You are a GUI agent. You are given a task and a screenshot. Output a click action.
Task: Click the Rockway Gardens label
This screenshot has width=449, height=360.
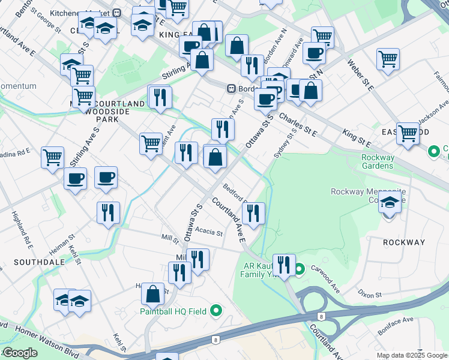click(x=378, y=161)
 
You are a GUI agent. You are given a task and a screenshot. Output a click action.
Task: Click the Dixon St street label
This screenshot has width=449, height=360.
click(x=369, y=295)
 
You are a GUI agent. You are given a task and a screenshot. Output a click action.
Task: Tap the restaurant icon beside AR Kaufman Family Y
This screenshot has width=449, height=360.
click(x=284, y=264)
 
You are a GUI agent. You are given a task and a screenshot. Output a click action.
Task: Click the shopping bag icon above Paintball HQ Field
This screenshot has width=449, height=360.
click(x=153, y=294)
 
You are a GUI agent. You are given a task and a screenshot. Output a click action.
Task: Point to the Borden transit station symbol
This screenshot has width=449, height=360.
click(x=231, y=88)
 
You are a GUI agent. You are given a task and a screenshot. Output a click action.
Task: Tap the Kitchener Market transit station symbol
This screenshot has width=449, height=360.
click(x=118, y=13)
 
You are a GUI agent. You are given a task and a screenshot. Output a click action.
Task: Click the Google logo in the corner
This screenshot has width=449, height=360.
click(x=19, y=353)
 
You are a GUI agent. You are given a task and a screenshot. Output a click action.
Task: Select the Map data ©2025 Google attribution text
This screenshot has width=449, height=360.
click(x=411, y=355)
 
